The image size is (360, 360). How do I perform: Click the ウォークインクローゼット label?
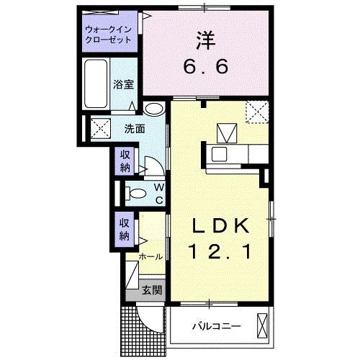tap(109, 35)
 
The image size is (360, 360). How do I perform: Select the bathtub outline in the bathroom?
tap(95, 85)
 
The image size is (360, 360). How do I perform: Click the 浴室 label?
tap(124, 84)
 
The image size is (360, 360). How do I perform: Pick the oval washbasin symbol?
tap(153, 110)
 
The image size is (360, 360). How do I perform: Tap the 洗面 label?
tap(135, 129)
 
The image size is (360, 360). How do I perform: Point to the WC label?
tap(158, 193)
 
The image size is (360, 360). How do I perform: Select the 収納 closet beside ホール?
tap(125, 228)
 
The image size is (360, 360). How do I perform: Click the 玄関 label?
tap(151, 290)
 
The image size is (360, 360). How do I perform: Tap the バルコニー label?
tap(216, 326)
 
